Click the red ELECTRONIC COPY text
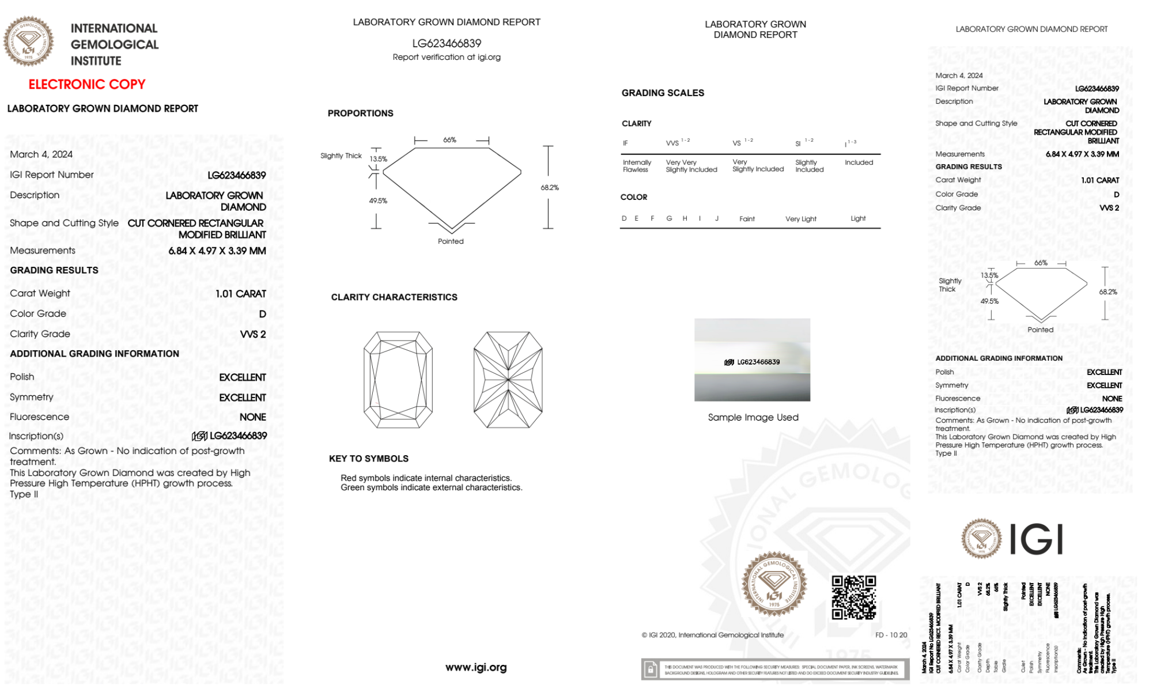87,85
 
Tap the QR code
853,597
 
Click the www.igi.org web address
476,667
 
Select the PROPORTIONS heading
360,113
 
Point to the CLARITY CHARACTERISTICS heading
394,297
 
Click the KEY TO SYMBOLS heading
369,459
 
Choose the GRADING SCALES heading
663,93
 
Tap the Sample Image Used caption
753,417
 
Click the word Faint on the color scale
747,219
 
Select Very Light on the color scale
800,219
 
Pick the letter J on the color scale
717,218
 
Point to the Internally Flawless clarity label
637,166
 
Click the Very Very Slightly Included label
691,166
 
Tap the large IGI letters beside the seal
1037,540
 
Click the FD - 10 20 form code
891,635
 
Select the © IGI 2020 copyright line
713,635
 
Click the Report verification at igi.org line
447,57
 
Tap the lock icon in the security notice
651,669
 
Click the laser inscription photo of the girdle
752,360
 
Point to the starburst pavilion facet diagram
508,380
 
